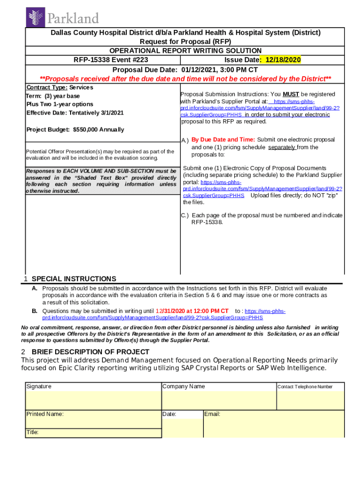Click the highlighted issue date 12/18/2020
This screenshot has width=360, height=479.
point(283,60)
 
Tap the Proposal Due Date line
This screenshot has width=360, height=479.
point(185,69)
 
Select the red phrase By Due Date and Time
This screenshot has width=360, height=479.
point(223,139)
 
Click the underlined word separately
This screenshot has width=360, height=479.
point(281,147)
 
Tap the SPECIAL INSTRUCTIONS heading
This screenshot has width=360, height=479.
point(73,279)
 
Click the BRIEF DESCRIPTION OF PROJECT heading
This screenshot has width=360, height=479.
point(90,352)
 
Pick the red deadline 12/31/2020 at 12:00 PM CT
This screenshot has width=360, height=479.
point(192,311)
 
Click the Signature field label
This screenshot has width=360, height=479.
point(39,386)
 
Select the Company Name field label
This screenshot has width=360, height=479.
point(183,386)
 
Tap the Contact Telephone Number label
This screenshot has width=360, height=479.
point(305,387)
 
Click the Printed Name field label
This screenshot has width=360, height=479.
point(45,414)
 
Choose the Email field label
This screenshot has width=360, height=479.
point(212,414)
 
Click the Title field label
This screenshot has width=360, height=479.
point(32,432)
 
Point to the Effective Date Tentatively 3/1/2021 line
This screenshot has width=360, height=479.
point(75,113)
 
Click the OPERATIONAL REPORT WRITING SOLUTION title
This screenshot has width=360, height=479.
point(185,51)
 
